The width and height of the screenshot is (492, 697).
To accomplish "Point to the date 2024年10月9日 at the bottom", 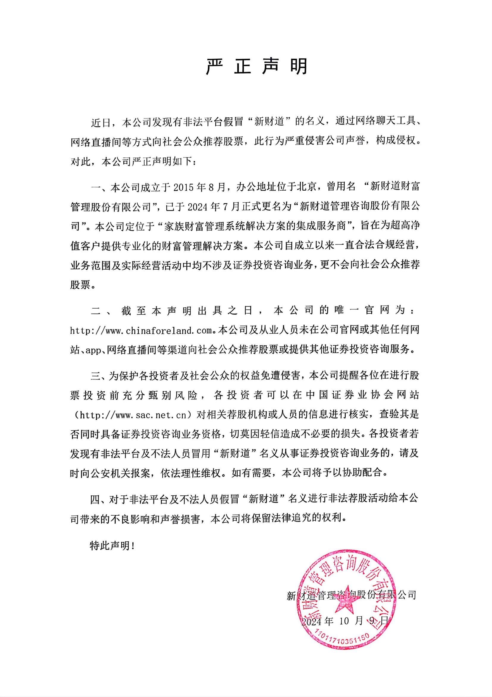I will pos(345,621).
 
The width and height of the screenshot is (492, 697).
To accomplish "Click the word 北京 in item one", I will pos(306,187).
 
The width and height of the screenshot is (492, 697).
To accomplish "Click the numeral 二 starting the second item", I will pos(96,311).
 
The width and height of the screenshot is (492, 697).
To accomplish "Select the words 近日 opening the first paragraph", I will pos(101,122).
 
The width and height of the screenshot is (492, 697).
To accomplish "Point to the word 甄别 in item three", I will pos(159,395).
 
